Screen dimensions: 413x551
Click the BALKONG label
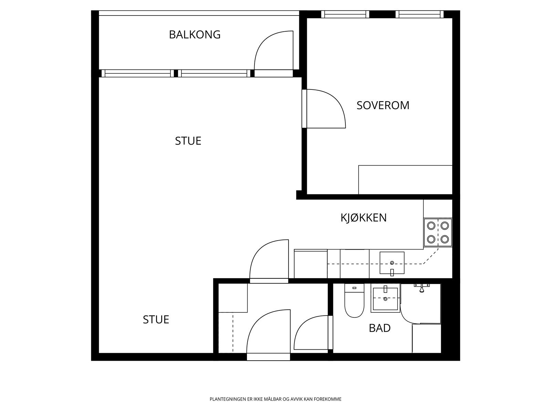point(195,35)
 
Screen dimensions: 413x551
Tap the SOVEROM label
point(383,105)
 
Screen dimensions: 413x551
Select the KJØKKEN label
point(364,218)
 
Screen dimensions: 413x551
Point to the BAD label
point(380,328)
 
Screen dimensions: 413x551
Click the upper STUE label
point(188,141)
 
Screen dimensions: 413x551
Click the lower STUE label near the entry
point(156,320)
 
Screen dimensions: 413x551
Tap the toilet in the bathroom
point(354,301)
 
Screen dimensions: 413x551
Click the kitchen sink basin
point(392,262)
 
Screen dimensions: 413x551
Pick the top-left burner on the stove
point(431,225)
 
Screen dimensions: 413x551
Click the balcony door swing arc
point(272,52)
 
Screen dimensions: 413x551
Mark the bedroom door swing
point(325,108)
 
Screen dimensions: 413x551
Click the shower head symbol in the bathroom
point(422,288)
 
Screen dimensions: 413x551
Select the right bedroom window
point(419,14)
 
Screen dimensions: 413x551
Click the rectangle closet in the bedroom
point(405,180)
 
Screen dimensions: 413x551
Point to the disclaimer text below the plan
point(275,399)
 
